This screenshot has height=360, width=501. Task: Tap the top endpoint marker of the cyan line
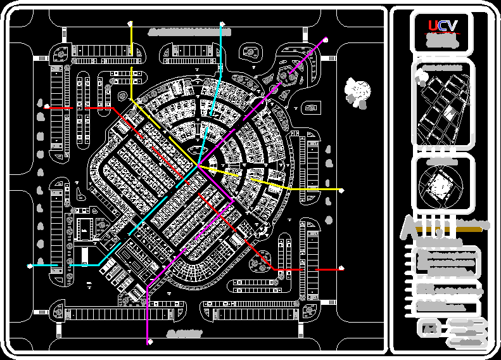[222, 24]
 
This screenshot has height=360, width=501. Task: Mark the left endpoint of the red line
[46, 108]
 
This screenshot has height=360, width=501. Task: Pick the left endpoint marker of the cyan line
[29, 266]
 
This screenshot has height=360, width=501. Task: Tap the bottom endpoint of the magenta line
[149, 343]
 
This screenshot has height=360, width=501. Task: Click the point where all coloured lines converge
[198, 166]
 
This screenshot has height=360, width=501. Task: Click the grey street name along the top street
[180, 30]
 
